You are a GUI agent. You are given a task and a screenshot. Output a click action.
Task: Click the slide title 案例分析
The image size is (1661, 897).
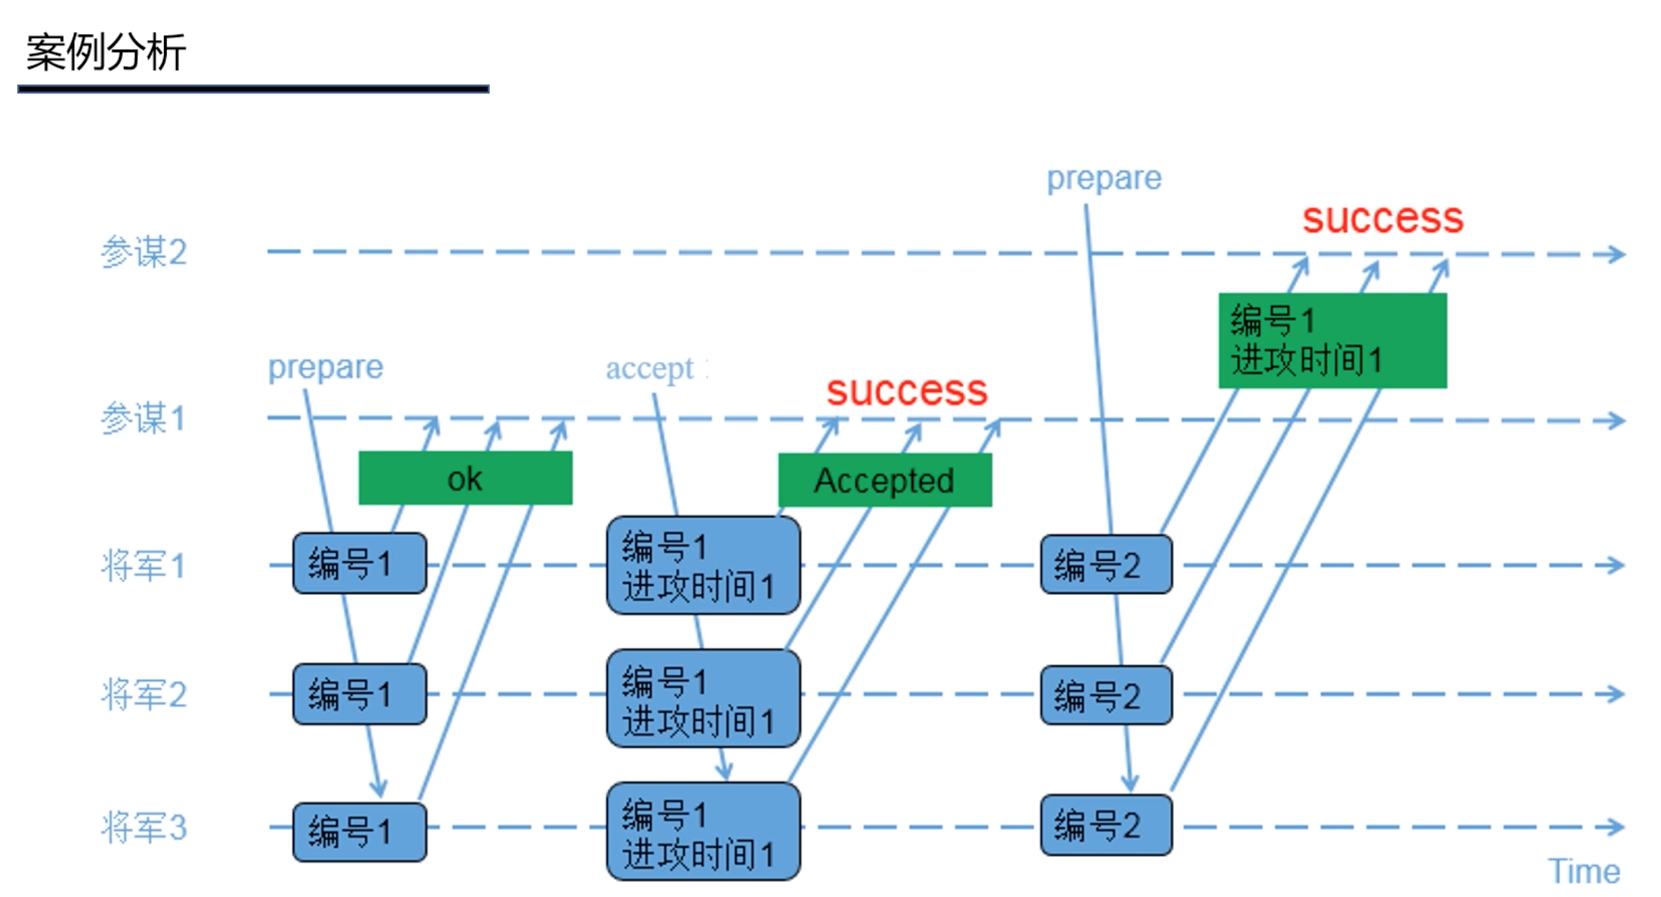point(106,52)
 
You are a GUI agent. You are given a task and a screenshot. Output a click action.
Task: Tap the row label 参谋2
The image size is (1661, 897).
point(144,253)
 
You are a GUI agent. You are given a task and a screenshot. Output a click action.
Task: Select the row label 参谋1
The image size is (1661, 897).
point(143,418)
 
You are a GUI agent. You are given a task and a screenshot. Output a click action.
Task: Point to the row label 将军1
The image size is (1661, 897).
point(143,566)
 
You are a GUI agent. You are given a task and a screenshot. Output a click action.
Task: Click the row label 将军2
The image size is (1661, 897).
point(144,695)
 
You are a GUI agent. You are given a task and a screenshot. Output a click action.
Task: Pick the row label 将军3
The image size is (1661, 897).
point(144,828)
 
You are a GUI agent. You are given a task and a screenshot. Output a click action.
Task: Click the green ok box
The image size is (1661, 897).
point(465,479)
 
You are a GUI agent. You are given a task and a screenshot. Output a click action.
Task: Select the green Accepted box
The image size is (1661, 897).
point(884,481)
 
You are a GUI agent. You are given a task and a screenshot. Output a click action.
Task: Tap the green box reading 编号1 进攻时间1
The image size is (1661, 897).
point(1332,340)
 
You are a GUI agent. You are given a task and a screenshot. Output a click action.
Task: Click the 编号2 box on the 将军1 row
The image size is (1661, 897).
point(1106,565)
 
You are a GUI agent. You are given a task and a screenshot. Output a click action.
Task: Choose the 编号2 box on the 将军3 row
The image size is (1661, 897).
point(1106,825)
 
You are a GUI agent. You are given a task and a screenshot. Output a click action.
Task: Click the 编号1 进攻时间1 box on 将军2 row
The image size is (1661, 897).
point(702,699)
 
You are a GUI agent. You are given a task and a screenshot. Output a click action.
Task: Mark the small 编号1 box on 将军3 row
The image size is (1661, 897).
point(359,832)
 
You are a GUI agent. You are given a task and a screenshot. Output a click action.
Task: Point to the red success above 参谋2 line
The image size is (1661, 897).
point(1382,218)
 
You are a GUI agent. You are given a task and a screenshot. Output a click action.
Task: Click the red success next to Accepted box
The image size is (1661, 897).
point(906,391)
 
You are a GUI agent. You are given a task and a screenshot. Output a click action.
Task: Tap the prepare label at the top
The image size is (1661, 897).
point(1104,179)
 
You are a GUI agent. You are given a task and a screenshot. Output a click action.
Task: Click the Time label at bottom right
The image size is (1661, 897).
point(1584,872)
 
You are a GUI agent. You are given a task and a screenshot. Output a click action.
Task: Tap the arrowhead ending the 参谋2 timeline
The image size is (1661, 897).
point(1617,255)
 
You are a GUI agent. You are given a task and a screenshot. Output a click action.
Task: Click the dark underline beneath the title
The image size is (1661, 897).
point(253,89)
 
